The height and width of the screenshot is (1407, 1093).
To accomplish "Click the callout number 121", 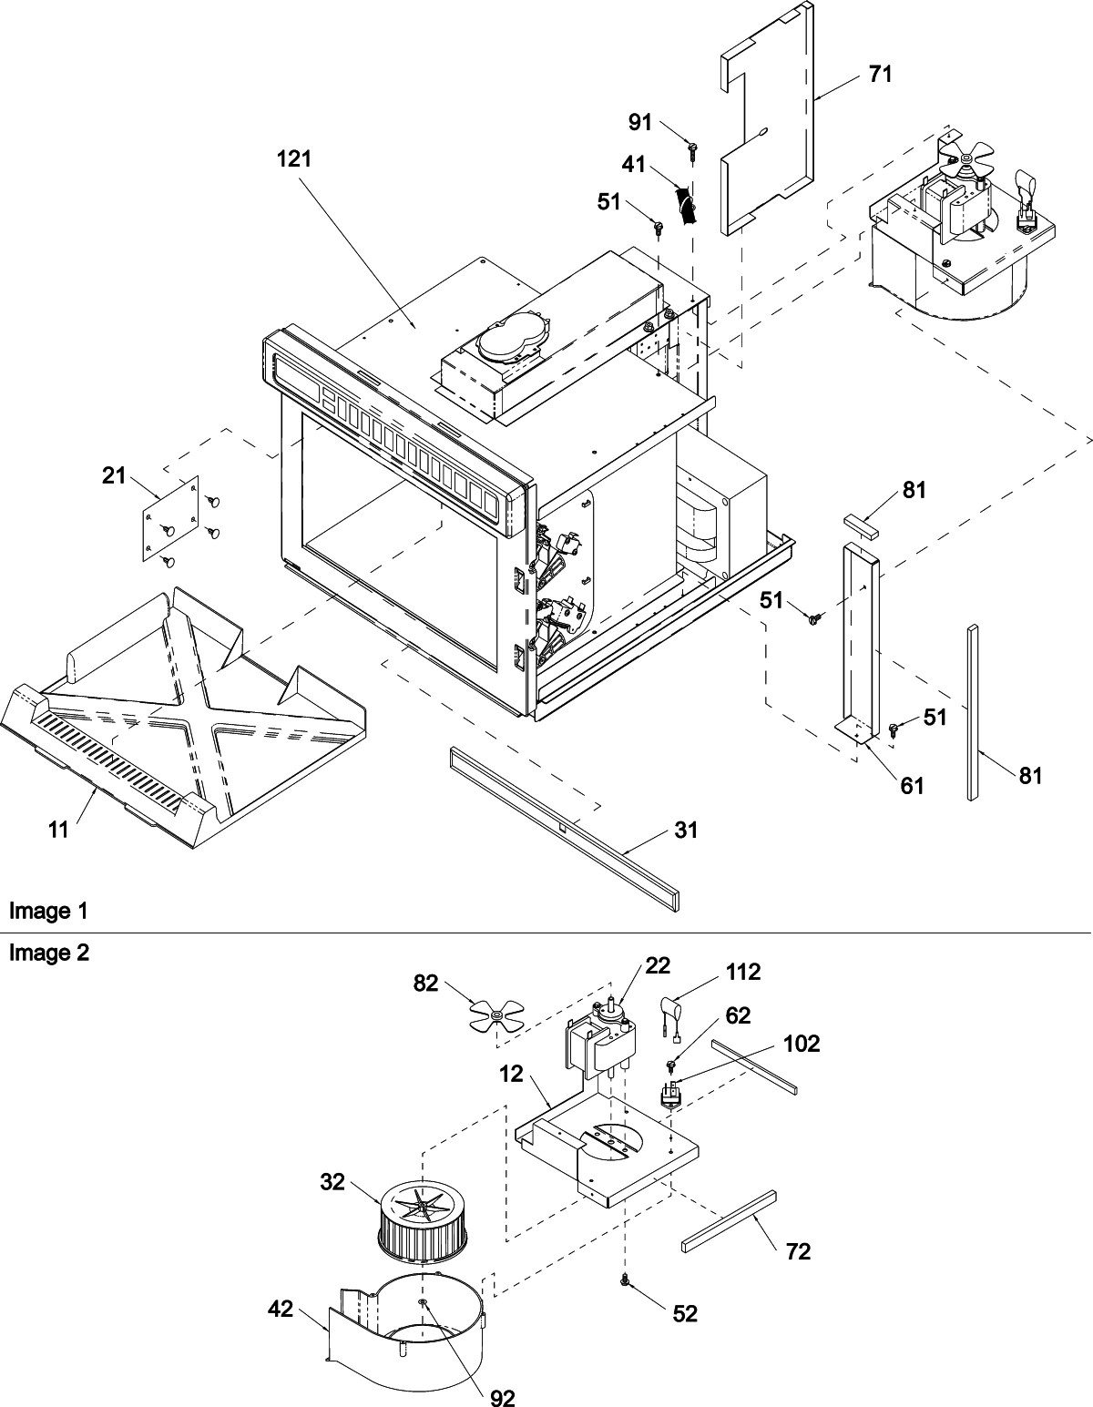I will [x=294, y=158].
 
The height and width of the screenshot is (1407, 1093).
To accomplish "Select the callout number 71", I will [x=880, y=74].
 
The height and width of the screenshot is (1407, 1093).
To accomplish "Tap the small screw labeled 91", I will [x=693, y=147].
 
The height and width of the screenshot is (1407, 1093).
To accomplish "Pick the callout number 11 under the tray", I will [x=59, y=830].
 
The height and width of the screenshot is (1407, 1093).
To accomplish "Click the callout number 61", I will [x=913, y=784].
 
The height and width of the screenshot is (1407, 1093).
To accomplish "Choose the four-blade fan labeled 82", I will [x=495, y=1014].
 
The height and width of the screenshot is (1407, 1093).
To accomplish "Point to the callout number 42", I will [x=281, y=1309].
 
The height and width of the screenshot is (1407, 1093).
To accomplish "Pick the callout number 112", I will [x=743, y=973].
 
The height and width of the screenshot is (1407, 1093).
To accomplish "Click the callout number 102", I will [x=802, y=1044].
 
